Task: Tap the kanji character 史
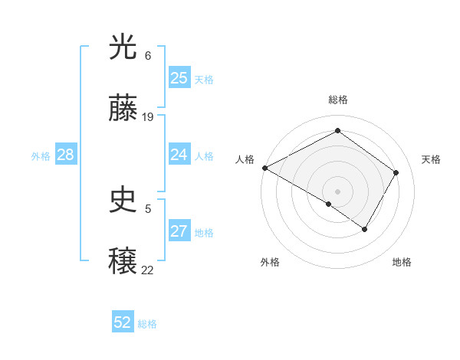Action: pos(123,201)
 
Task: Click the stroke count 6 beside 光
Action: pos(148,56)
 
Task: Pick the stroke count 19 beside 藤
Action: pos(148,117)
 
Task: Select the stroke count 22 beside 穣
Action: pos(148,269)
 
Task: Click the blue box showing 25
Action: pos(179,78)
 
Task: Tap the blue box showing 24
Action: pos(179,155)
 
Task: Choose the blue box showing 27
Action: pos(179,232)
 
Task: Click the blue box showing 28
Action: pos(65,155)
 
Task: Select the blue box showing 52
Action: pos(123,322)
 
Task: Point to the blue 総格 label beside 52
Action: pos(147,324)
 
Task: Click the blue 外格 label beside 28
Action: pos(41,156)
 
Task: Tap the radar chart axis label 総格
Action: pos(337,100)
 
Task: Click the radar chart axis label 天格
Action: pos(431,159)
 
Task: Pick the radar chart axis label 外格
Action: pos(270,262)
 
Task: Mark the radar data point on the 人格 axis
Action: pos(264,168)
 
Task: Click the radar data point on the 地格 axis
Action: pos(365,229)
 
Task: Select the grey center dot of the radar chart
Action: pos(337,191)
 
